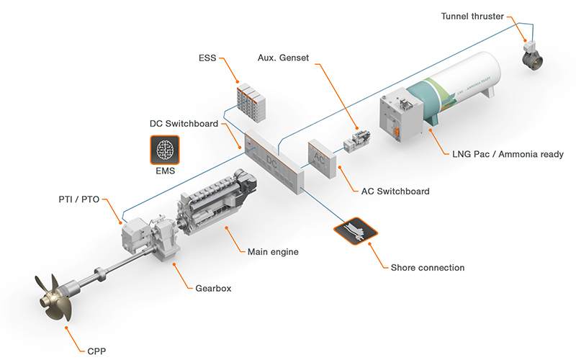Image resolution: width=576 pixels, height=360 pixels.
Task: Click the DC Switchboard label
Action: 184,124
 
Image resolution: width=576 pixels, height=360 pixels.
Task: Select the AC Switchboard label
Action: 395,191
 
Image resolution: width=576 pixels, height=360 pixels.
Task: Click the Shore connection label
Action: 427,267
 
